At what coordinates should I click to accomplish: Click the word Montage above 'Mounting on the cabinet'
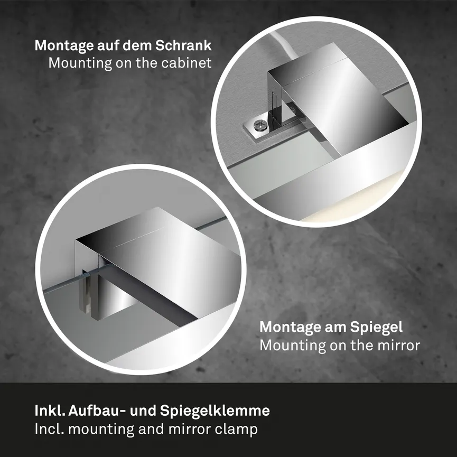(x=60, y=45)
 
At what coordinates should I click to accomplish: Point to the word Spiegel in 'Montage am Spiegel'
(x=377, y=327)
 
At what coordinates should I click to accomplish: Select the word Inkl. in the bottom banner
(x=48, y=411)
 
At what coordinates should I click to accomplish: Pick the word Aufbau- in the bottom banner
(x=93, y=411)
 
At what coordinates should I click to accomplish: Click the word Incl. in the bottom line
(x=47, y=429)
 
